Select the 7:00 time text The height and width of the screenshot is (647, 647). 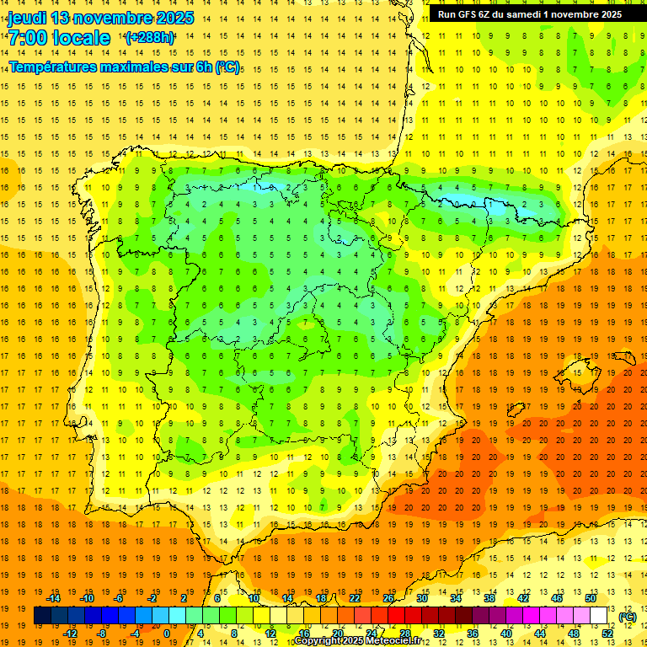click(x=27, y=39)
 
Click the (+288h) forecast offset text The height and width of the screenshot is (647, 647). click(x=150, y=38)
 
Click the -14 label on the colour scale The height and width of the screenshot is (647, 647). click(x=53, y=598)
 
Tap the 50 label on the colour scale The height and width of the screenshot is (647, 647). click(x=591, y=598)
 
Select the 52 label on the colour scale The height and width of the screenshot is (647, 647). click(x=607, y=634)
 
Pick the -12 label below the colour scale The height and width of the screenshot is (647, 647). click(x=70, y=634)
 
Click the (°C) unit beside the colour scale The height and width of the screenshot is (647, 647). click(x=627, y=617)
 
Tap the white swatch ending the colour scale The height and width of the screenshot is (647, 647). click(x=599, y=616)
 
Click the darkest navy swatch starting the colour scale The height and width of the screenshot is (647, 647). click(x=42, y=616)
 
